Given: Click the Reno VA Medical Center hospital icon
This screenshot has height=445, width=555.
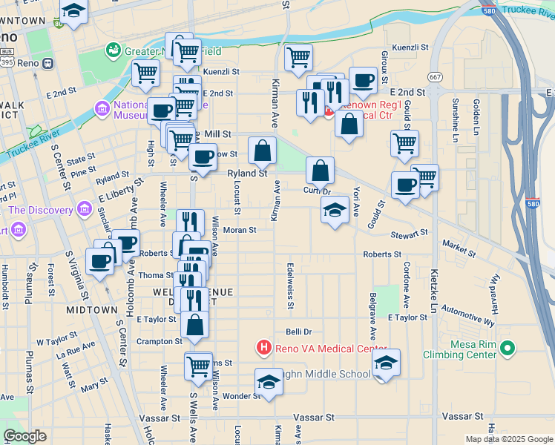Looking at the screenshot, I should click(263, 346).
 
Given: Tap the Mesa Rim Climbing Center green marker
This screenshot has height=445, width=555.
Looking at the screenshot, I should click(508, 347).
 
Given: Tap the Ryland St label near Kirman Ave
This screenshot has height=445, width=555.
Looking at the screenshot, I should click(246, 173).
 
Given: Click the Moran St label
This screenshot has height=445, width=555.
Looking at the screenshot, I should click(240, 230).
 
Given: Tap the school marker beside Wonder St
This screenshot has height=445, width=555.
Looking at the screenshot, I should click(269, 381).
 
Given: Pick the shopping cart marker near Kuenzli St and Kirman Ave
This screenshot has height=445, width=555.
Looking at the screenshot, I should click(298, 56).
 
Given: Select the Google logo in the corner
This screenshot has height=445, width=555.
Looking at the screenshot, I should click(24, 436).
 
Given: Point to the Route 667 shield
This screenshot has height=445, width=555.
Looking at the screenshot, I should click(435, 76).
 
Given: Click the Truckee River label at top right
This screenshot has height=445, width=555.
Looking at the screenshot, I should click(528, 10).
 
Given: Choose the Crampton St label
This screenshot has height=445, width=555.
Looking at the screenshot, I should click(160, 342).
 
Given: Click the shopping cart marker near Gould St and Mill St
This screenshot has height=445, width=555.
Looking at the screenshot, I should click(404, 142).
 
